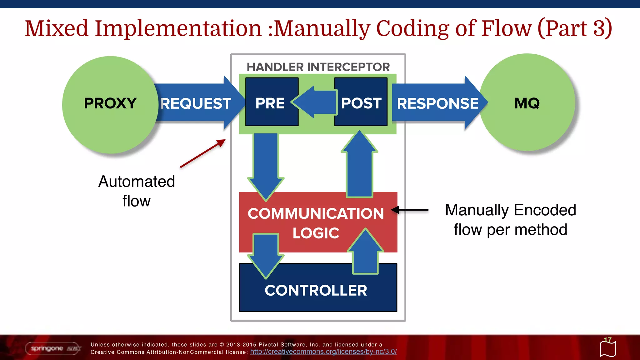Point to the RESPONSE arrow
[437, 103]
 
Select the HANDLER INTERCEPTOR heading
[318, 67]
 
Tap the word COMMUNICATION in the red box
[316, 214]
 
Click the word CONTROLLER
[316, 290]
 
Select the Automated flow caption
[137, 191]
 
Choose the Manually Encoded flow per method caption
[511, 220]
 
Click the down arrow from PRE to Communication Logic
[266, 162]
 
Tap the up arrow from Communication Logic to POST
[359, 166]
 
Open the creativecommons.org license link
[323, 352]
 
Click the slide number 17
[607, 340]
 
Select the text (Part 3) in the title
[574, 28]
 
